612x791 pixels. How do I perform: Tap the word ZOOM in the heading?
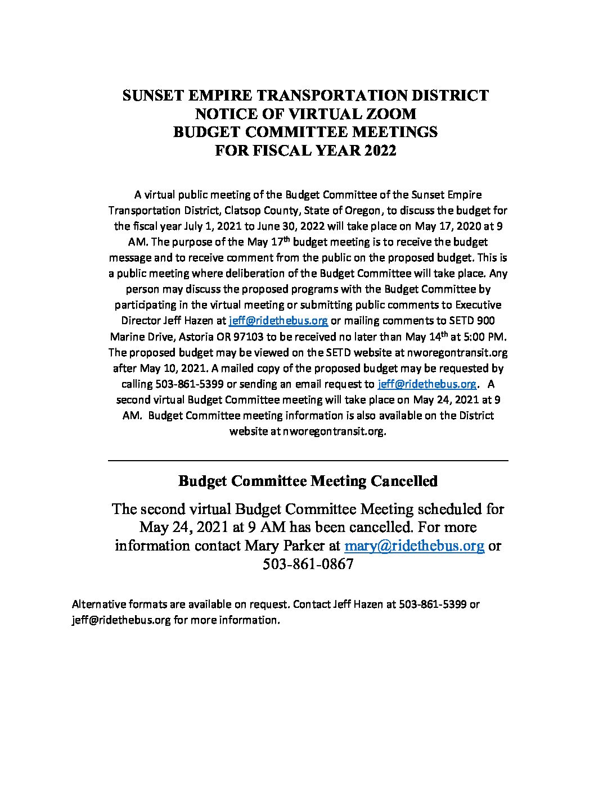coord(389,114)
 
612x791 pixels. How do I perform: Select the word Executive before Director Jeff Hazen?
coord(478,305)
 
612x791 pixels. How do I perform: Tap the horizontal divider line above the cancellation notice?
coord(308,461)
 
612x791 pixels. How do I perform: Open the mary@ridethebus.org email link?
coord(414,545)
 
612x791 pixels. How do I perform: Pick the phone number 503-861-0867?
coord(308,564)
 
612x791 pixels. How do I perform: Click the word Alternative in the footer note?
coord(98,604)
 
